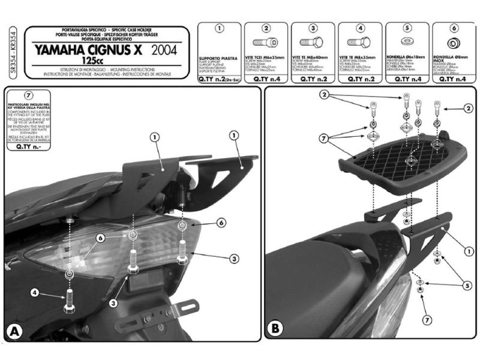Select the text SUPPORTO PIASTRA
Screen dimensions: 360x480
coord(214,58)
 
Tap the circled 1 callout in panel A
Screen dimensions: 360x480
coord(154,136)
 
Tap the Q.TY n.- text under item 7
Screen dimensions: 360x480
coord(28,145)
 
